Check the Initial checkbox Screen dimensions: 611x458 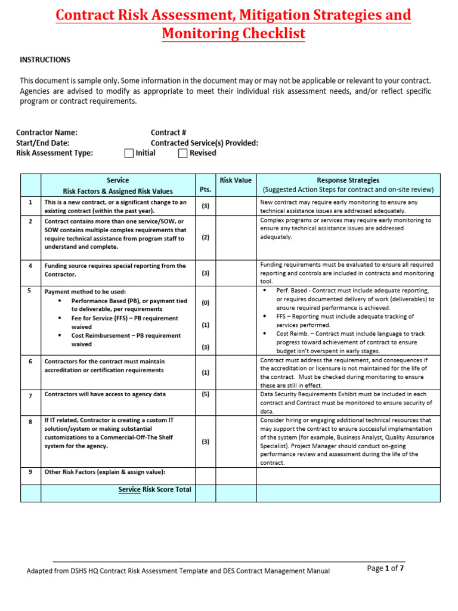(x=129, y=153)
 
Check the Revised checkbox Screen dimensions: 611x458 (x=182, y=153)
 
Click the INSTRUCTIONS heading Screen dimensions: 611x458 (x=45, y=60)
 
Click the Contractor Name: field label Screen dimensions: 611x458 (x=47, y=132)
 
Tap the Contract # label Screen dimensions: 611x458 (x=169, y=132)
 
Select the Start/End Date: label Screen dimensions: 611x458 (x=42, y=143)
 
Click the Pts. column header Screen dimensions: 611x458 (x=205, y=189)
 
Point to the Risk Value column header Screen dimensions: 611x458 (x=236, y=180)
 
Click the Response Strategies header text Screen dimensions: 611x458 (x=348, y=180)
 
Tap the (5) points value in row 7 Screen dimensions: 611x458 (x=205, y=394)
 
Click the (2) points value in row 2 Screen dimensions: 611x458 (x=205, y=237)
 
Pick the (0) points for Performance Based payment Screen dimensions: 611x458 (x=205, y=303)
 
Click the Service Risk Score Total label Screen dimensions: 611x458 (x=155, y=489)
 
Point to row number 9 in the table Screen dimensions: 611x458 (x=30, y=472)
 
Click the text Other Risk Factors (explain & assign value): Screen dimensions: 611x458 (x=104, y=472)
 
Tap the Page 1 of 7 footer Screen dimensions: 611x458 (x=386, y=569)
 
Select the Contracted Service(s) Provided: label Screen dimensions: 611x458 (x=204, y=143)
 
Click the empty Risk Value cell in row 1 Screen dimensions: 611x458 (x=236, y=206)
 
